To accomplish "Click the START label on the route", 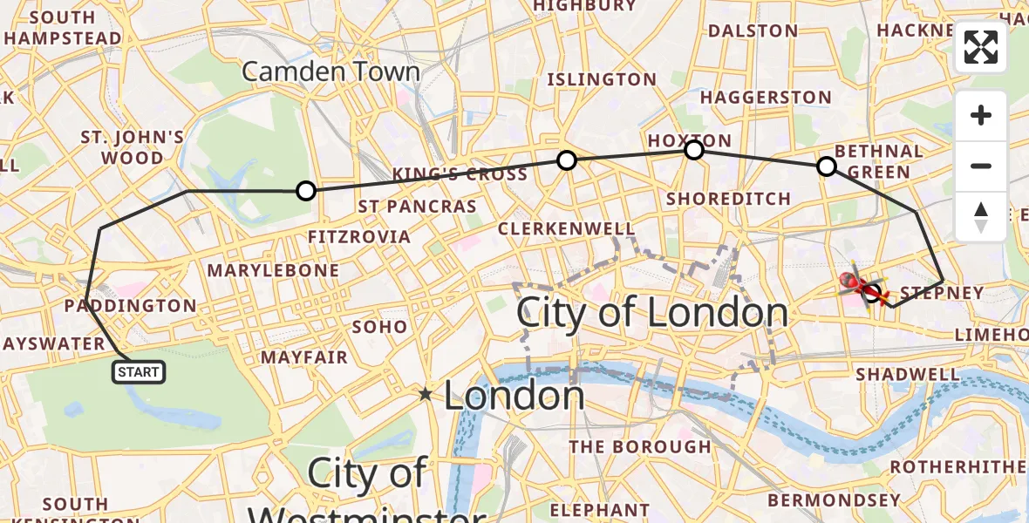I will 139,373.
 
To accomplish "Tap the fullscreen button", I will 981,47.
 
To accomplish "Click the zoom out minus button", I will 981,166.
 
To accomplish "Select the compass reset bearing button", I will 981,216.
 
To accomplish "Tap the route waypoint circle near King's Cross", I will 567,160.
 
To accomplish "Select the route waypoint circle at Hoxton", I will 694,150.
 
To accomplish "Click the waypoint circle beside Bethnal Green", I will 826,166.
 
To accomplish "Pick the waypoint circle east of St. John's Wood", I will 305,191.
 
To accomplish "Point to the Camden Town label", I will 331,71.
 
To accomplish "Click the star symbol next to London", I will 426,395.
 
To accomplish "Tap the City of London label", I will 652,312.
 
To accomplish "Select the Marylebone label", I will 273,270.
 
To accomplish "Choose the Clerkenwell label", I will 566,229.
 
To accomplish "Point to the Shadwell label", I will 908,374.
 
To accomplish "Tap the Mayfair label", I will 304,357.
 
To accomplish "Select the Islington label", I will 601,79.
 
